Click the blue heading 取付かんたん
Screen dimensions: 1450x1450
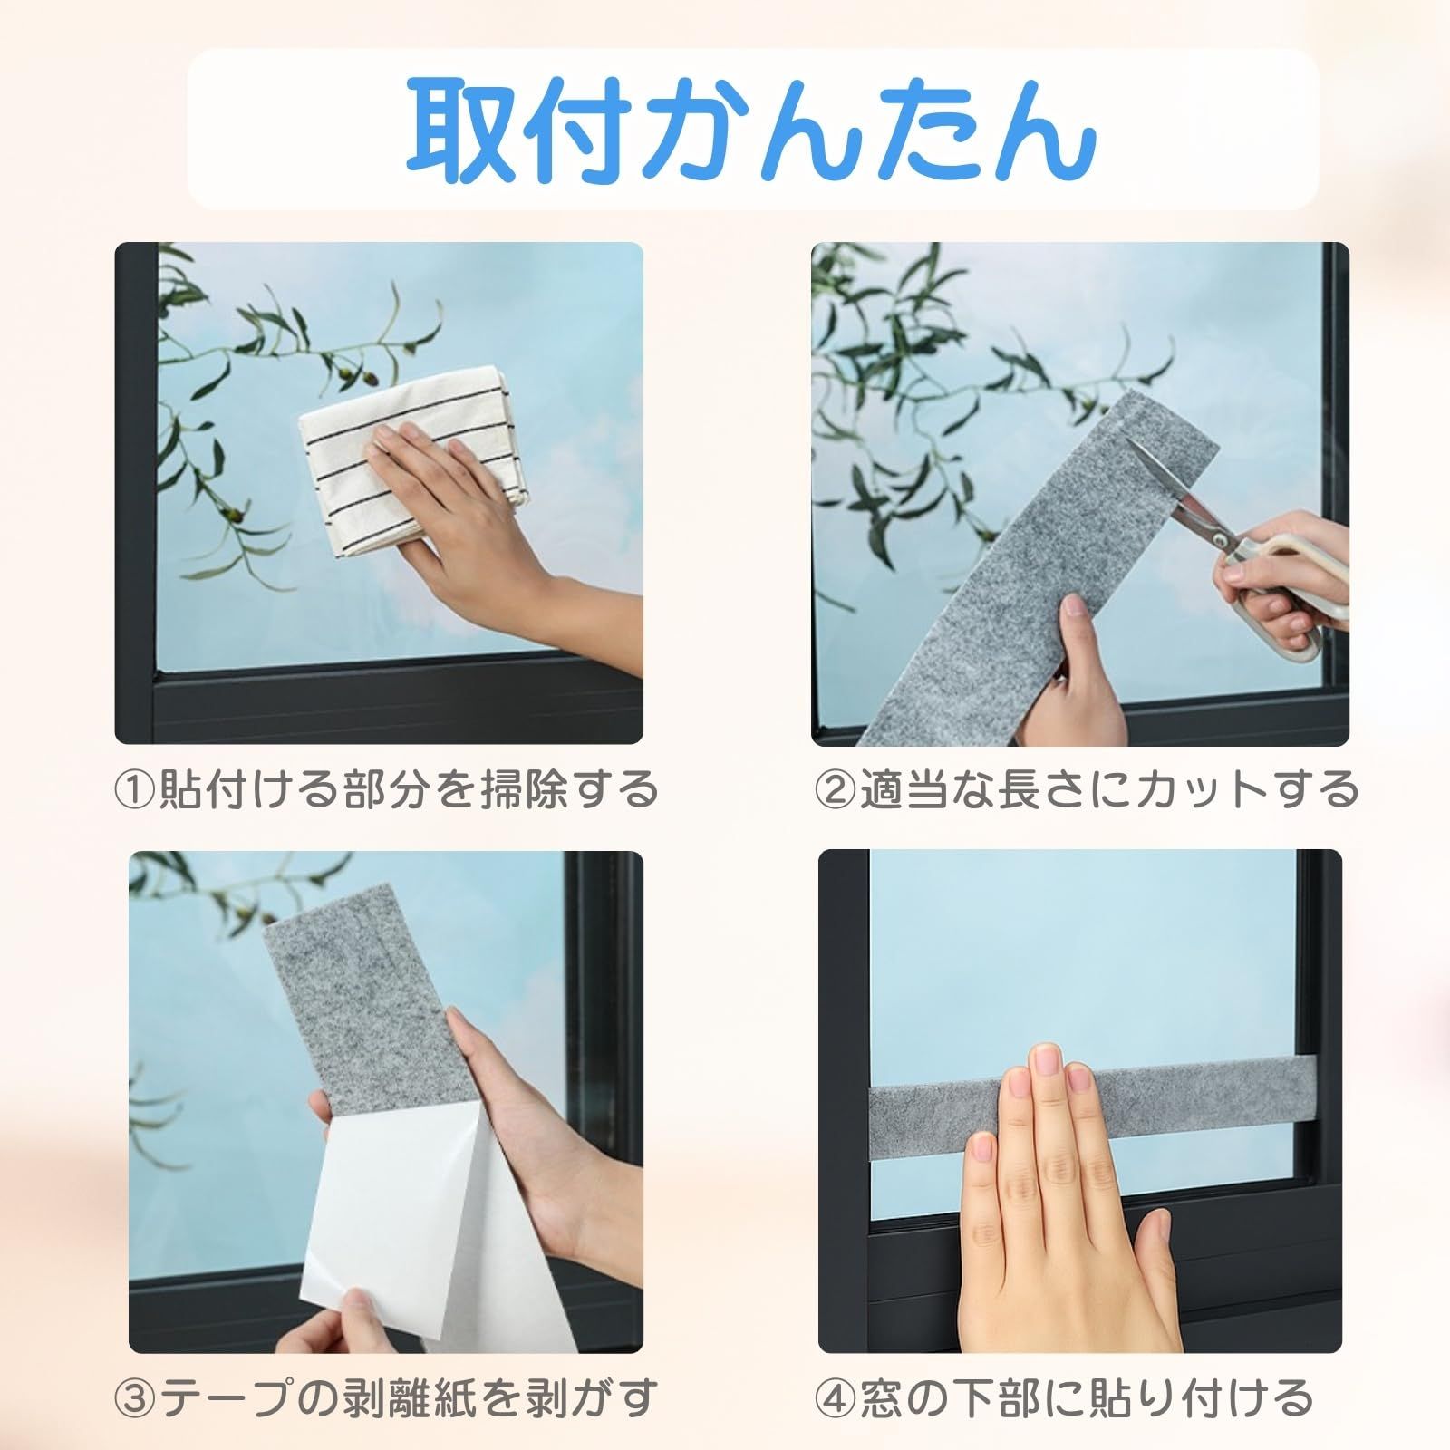click(751, 132)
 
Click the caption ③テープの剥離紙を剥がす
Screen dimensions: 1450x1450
click(385, 1397)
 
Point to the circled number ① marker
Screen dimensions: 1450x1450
click(136, 788)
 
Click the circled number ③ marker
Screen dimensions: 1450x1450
click(136, 1398)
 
